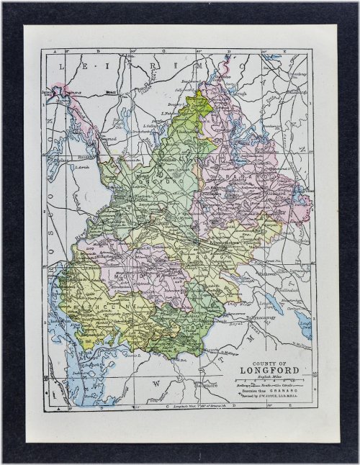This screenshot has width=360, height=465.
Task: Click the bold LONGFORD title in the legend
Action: pos(270,371)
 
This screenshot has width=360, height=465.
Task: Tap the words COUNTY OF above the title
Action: pos(270,362)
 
